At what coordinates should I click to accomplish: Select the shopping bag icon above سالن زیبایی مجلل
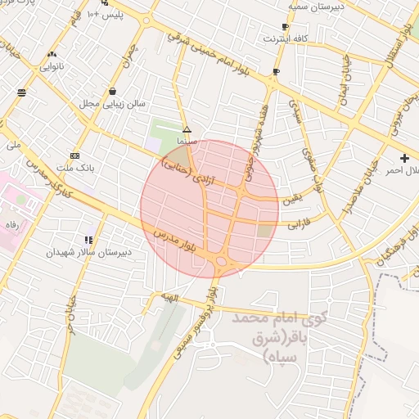coord(111,91)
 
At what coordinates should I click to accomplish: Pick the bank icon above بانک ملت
coord(75,155)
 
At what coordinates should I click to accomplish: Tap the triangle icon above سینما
coord(187,129)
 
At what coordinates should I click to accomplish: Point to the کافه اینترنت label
coord(285,38)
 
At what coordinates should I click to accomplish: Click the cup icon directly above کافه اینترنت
coord(285,25)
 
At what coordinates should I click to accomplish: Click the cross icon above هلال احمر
coord(404,156)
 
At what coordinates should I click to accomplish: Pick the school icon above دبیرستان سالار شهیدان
coord(88,240)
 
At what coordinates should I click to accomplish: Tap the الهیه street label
coord(169,299)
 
